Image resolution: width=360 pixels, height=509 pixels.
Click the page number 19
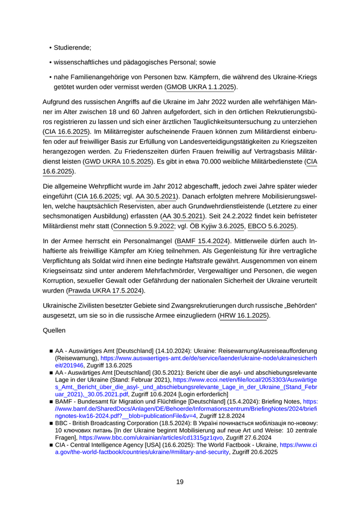click(x=179, y=482)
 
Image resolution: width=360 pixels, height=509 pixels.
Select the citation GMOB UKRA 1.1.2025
click(x=201, y=87)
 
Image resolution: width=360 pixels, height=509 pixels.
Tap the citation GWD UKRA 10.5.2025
click(x=119, y=161)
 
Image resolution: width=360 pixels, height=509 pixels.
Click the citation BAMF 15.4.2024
click(x=203, y=241)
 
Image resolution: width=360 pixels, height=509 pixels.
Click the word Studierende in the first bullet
click(x=72, y=48)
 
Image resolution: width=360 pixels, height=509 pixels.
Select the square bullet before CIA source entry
click(x=51, y=445)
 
